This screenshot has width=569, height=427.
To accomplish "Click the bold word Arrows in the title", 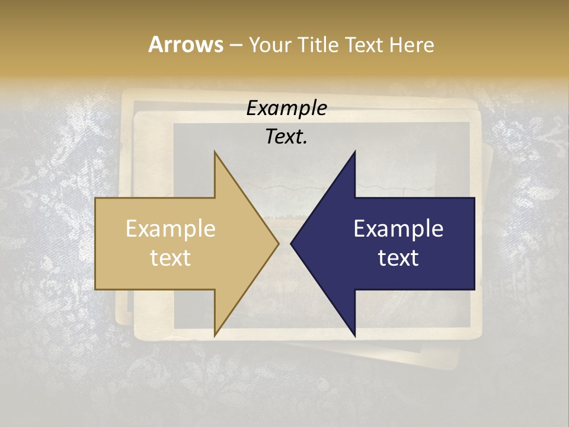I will (186, 44).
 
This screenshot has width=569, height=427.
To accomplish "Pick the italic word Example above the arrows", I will (287, 109).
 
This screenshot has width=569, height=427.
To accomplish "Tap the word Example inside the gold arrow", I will (171, 229).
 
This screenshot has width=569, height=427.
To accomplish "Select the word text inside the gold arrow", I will (171, 257).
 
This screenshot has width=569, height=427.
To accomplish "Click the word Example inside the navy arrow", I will (398, 229).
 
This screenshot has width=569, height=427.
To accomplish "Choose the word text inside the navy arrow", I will (398, 257).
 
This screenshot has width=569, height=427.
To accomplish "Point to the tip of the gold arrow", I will (279, 243).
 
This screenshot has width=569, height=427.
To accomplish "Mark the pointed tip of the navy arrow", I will (291, 243).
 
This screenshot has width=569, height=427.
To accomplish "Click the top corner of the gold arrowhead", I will (215, 151).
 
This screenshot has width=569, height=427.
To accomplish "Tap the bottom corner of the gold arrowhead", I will (215, 336).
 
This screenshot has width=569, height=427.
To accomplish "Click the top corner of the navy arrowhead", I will (355, 151).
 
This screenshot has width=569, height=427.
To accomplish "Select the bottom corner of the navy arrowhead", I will (355, 336).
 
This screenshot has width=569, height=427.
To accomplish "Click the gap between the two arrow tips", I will (284, 243).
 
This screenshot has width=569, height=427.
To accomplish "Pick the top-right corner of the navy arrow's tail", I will (475, 197).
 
